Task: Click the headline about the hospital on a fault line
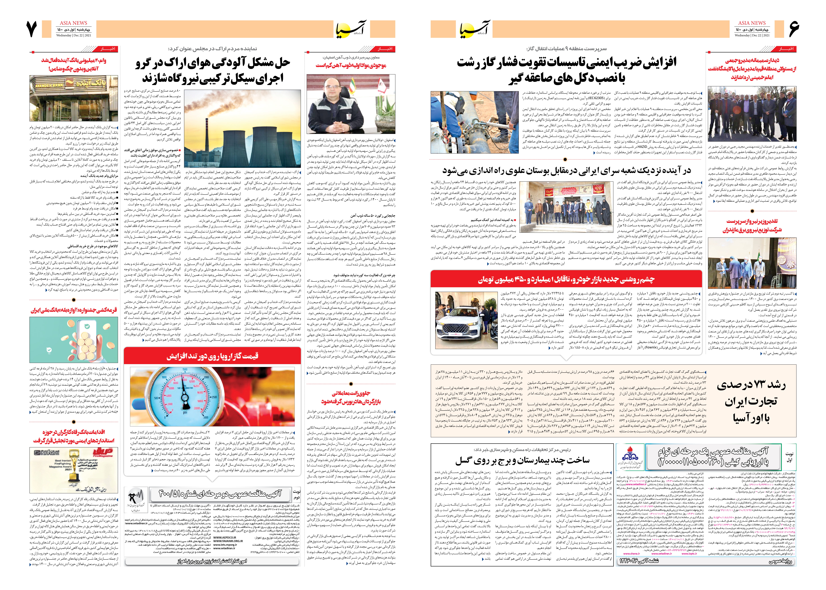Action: [522, 460]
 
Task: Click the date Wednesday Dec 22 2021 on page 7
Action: [74, 35]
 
